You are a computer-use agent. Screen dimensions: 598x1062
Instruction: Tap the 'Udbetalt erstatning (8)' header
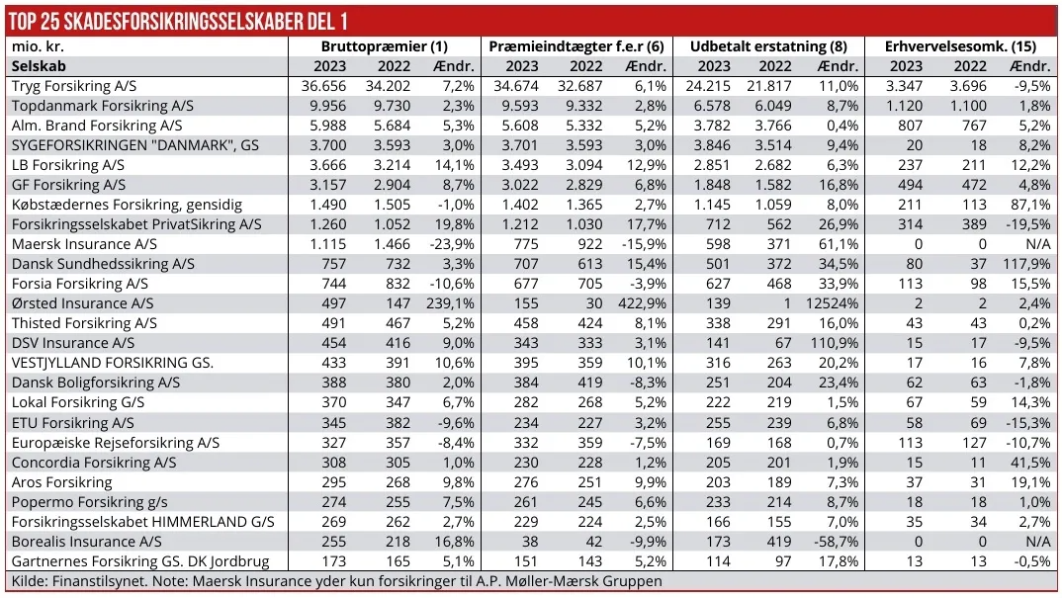[768, 46]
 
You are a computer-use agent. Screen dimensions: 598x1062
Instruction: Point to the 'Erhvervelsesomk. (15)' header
[960, 46]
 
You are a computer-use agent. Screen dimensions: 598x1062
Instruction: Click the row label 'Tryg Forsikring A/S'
[74, 86]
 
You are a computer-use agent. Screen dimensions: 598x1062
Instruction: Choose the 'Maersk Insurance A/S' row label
[84, 244]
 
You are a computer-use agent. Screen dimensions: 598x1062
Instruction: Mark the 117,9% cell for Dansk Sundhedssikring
[1028, 264]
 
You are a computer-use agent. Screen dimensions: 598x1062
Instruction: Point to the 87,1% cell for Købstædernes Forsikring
[1032, 205]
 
